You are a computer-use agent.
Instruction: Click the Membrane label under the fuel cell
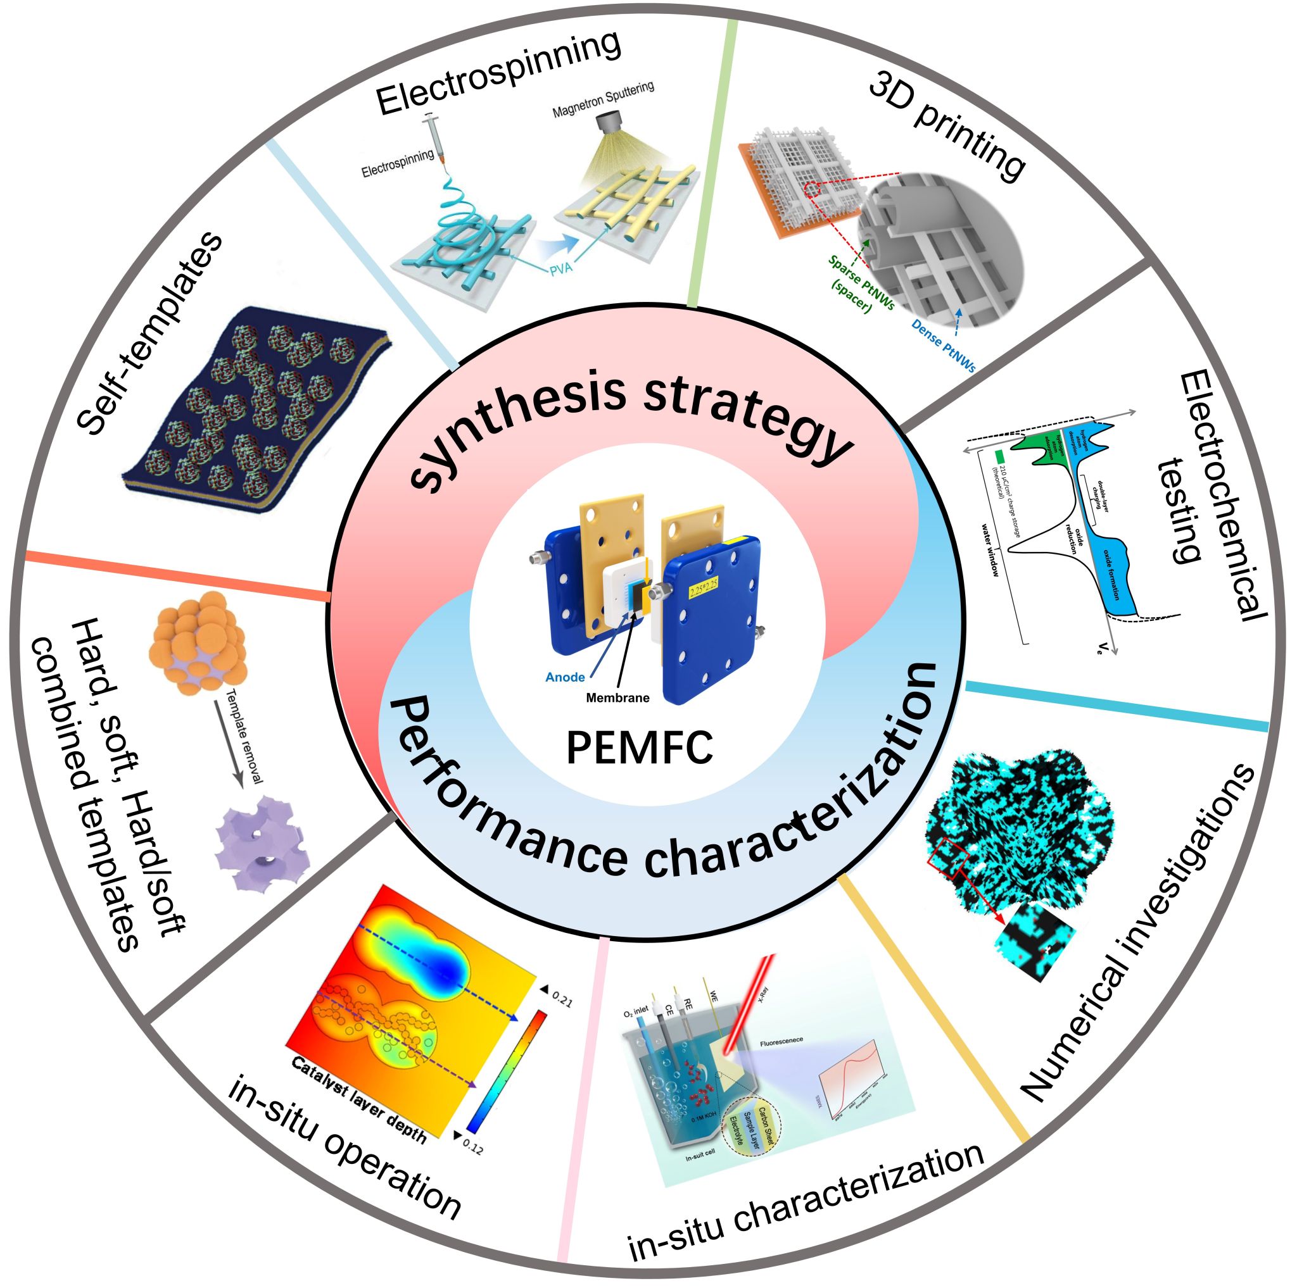coord(617,697)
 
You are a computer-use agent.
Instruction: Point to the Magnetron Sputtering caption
coord(603,100)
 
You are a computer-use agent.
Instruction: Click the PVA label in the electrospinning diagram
coord(574,270)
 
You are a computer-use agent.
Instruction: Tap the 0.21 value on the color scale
coord(560,1001)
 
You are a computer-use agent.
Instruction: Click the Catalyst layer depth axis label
coord(360,1099)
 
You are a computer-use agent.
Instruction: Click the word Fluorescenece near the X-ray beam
coord(781,1042)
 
